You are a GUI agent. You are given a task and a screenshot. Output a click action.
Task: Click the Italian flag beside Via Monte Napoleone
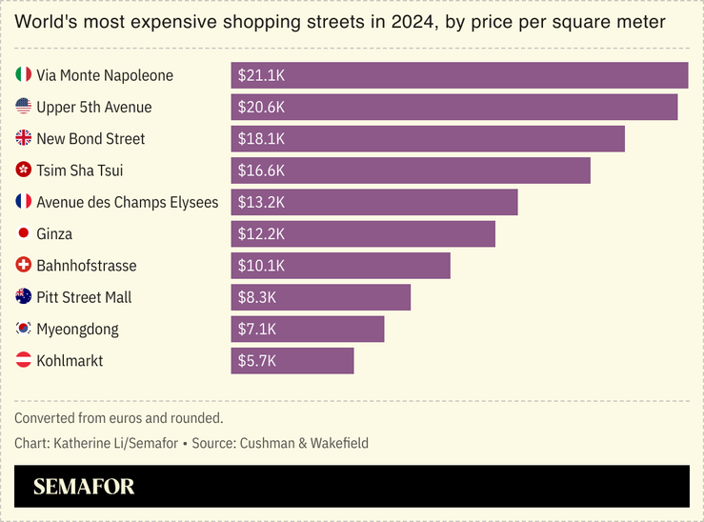coord(24,75)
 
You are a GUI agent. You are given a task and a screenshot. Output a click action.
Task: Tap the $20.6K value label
coord(261,108)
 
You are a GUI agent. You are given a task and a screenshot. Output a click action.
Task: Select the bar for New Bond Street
coord(428,139)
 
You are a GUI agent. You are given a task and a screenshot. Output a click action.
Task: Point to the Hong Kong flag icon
coord(24,171)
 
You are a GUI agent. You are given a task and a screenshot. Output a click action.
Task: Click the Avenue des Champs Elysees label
coord(127,202)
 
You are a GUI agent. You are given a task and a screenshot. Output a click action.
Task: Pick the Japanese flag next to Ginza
coord(24,234)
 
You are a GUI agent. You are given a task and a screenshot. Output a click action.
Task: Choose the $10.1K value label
coord(261,266)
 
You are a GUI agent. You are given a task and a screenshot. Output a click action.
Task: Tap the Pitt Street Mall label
coord(84,297)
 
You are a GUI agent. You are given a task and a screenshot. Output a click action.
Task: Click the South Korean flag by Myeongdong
coord(24,330)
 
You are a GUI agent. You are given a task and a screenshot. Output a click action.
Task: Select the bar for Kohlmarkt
coord(292,361)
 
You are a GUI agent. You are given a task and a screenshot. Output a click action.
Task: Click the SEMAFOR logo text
coord(84,487)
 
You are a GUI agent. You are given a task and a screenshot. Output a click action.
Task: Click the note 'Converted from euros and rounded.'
coord(119,418)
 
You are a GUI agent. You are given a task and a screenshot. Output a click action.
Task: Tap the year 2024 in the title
coord(412,22)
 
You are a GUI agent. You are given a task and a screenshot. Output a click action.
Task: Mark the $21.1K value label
coord(261,75)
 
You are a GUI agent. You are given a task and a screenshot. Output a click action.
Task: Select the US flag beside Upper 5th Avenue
coord(24,108)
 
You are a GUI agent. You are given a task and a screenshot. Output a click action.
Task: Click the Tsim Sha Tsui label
coord(80,171)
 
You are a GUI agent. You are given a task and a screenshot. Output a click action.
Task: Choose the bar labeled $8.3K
coord(321,297)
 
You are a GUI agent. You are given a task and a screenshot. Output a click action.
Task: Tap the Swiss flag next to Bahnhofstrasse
coord(24,266)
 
